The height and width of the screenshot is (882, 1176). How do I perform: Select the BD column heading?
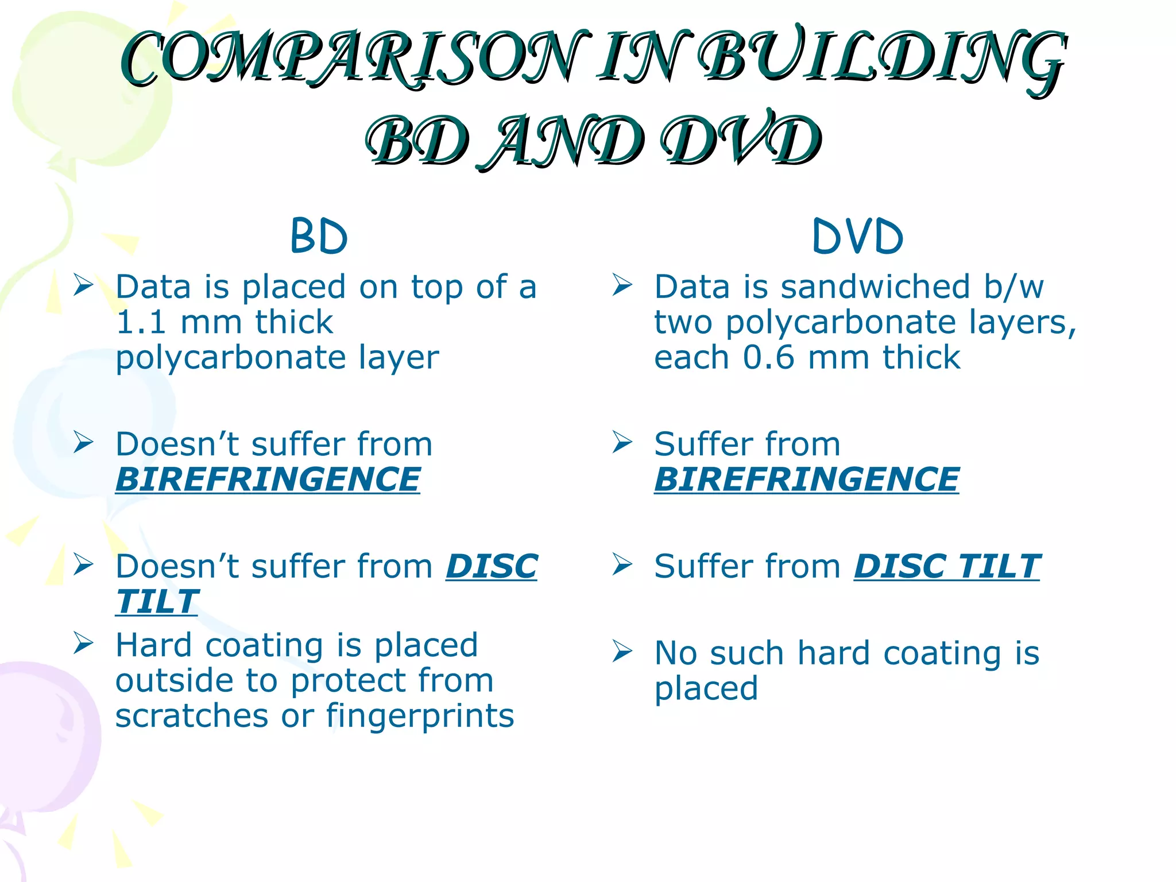click(x=319, y=236)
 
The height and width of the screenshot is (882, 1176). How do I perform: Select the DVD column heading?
click(x=858, y=236)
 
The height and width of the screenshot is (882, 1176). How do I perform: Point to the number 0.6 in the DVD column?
click(x=768, y=358)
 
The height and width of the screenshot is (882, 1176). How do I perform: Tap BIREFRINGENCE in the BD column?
click(x=268, y=479)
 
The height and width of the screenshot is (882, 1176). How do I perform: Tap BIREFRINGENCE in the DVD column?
click(x=806, y=479)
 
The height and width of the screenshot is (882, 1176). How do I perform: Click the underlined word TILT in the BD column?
click(x=157, y=602)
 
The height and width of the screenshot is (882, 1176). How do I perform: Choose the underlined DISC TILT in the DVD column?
click(x=947, y=567)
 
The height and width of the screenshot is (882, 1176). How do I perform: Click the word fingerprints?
click(x=420, y=716)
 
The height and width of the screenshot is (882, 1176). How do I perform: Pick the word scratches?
click(x=192, y=716)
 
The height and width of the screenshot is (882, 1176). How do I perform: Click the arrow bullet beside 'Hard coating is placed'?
click(x=83, y=643)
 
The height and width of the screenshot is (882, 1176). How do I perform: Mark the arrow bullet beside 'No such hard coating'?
click(x=622, y=651)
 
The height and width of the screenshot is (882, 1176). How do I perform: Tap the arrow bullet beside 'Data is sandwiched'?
click(x=622, y=285)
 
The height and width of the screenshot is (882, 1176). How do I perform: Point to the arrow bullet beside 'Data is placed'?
click(x=83, y=285)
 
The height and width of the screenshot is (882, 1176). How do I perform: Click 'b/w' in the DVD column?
click(x=1013, y=287)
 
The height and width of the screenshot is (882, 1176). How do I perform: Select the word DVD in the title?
click(x=740, y=141)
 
